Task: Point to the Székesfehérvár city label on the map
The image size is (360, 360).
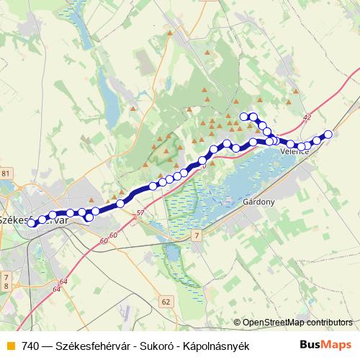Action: tap(32, 220)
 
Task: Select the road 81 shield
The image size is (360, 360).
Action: tap(6, 174)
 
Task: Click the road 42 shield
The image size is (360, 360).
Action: tap(308, 117)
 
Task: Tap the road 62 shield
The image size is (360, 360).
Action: tap(166, 302)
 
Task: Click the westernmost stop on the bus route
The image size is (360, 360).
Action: tap(32, 223)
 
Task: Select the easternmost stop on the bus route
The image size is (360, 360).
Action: tap(328, 134)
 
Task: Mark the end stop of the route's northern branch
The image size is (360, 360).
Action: tap(244, 116)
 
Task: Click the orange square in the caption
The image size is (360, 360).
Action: tap(9, 346)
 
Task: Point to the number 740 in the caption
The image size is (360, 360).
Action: tap(30, 346)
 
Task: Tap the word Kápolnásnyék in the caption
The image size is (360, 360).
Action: tap(215, 346)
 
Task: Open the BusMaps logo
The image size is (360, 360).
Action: tap(325, 345)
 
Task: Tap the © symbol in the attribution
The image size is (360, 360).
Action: tap(238, 323)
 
